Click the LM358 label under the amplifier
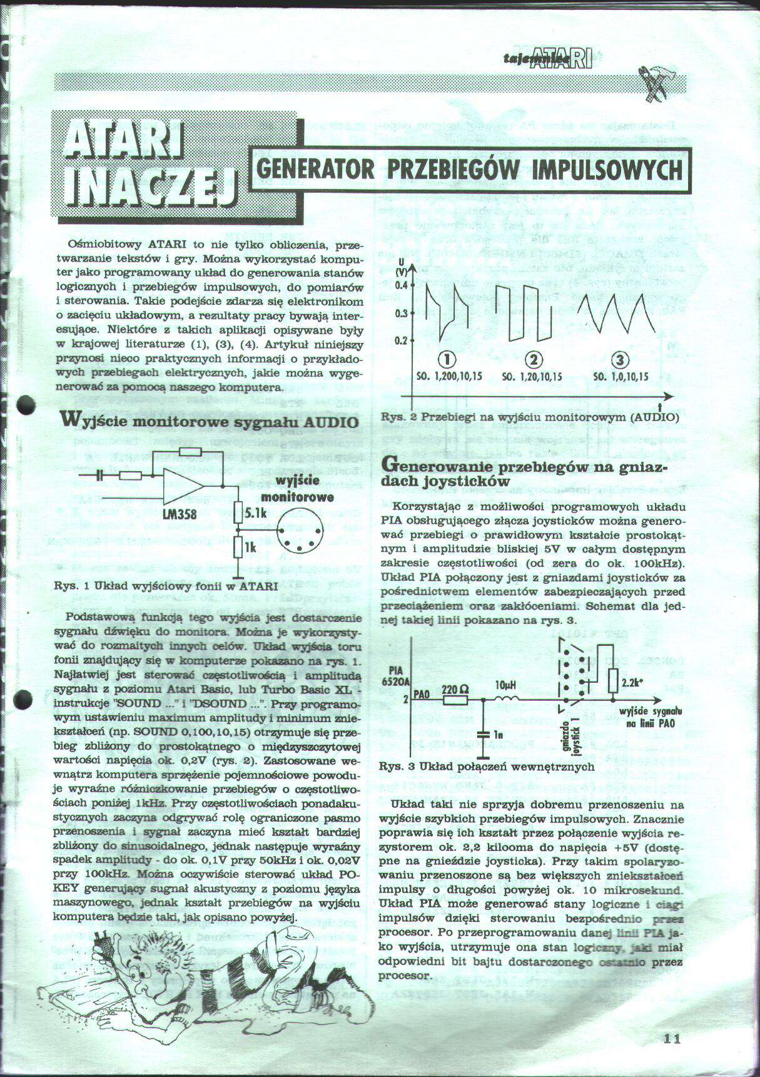tap(179, 514)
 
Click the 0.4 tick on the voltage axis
tap(401, 285)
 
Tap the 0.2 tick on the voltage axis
tap(401, 340)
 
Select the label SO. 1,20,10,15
tap(532, 377)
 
